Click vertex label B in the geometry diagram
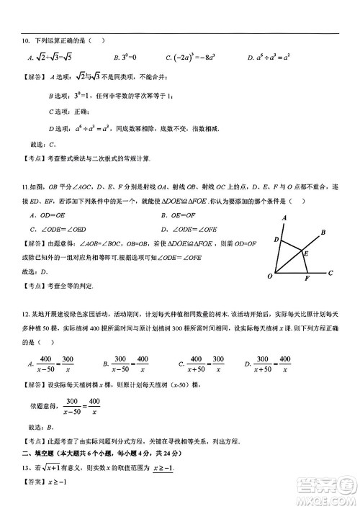point(323,232)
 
